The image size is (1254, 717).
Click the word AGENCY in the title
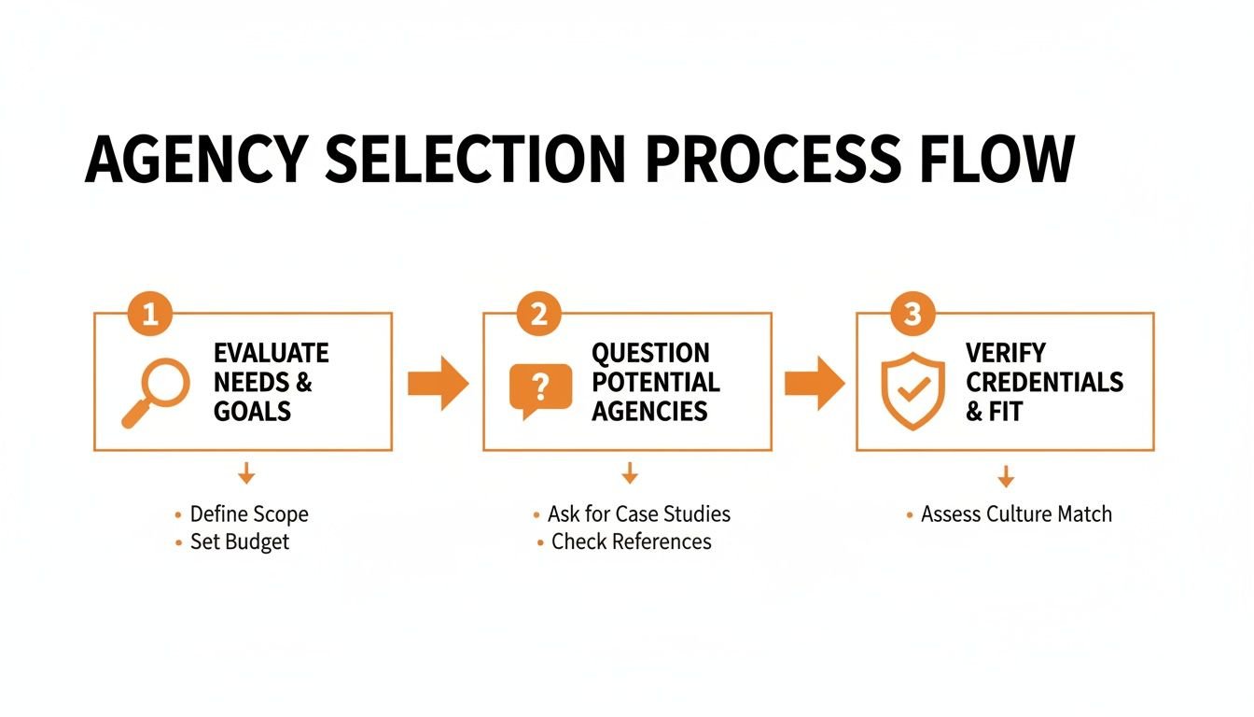[x=193, y=161]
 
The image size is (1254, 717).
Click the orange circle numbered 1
[x=149, y=315]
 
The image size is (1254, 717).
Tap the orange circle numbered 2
[x=538, y=315]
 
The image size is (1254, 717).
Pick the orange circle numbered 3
[x=913, y=315]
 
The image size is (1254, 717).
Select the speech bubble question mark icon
[x=540, y=387]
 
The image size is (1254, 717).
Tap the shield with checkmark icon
[x=913, y=390]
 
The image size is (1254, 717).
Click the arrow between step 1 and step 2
[x=438, y=383]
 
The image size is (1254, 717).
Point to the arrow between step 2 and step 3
[x=814, y=383]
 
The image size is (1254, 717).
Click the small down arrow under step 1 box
[x=246, y=473]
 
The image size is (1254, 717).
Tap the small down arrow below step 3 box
[x=1005, y=477]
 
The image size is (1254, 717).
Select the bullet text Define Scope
[x=248, y=513]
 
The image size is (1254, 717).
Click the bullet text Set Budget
[x=240, y=542]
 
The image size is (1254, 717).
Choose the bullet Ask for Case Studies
[x=638, y=513]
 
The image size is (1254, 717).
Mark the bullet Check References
[x=631, y=541]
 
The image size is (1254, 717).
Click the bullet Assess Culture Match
[x=1015, y=513]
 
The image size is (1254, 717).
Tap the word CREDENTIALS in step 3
[x=1044, y=382]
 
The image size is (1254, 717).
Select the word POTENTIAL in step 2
[x=655, y=382]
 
